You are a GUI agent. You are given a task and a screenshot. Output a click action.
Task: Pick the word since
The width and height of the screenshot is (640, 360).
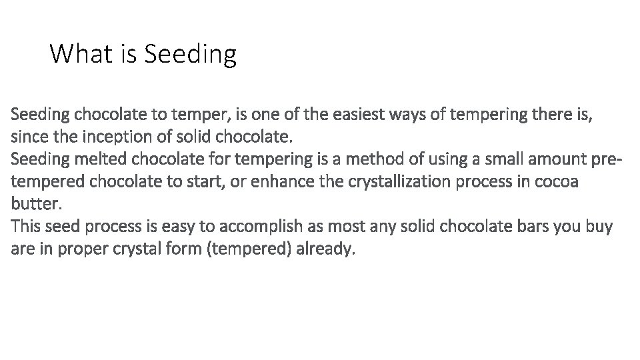coord(27,137)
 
